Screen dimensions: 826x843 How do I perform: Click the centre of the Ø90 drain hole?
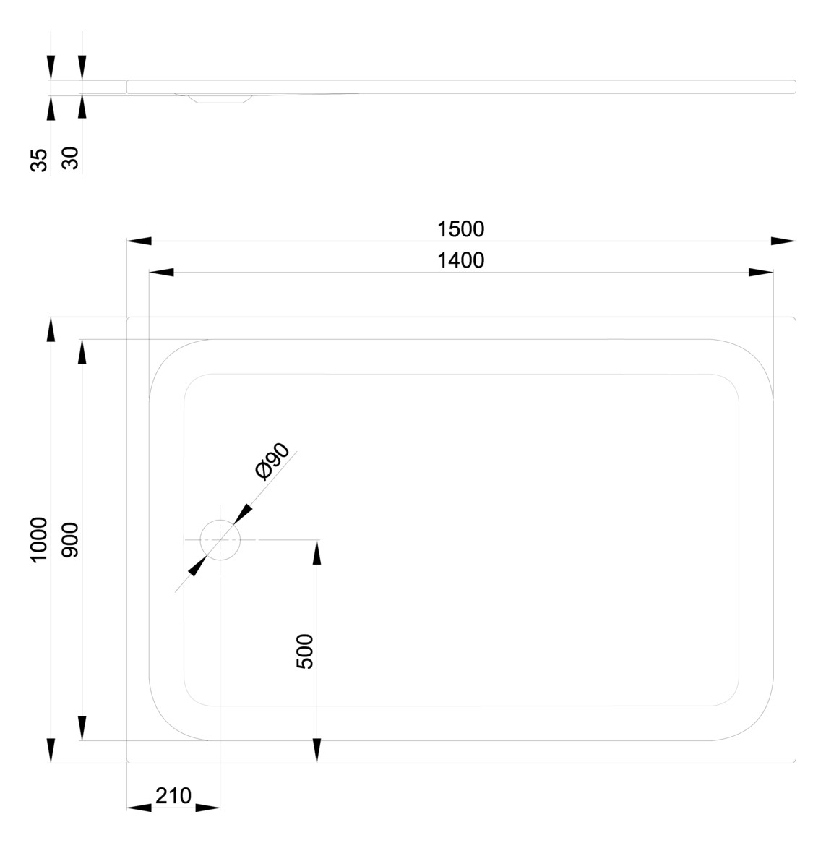click(x=220, y=540)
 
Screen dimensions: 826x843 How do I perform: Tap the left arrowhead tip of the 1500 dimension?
click(x=127, y=241)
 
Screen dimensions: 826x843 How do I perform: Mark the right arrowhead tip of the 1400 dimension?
click(x=773, y=272)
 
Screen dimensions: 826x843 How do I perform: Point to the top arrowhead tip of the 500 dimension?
click(x=317, y=540)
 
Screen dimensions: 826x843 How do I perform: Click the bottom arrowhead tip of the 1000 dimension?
click(x=51, y=762)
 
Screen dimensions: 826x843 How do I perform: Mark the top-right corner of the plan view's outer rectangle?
click(x=796, y=317)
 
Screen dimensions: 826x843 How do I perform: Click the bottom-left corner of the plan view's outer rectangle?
click(x=127, y=762)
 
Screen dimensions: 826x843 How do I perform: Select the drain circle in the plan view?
click(x=220, y=540)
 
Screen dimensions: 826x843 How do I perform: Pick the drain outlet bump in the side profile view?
click(x=220, y=98)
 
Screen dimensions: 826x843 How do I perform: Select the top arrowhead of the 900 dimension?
click(x=82, y=351)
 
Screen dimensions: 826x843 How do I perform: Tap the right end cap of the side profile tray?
click(x=794, y=87)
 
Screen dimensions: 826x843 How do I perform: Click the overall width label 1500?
click(x=460, y=230)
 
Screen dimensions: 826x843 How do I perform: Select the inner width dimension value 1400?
click(x=460, y=261)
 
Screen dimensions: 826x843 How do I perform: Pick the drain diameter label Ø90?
click(x=273, y=461)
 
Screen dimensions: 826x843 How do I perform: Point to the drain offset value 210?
click(x=173, y=796)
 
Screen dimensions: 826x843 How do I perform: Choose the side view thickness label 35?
click(x=39, y=161)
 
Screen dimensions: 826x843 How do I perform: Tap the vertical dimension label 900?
click(x=70, y=540)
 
